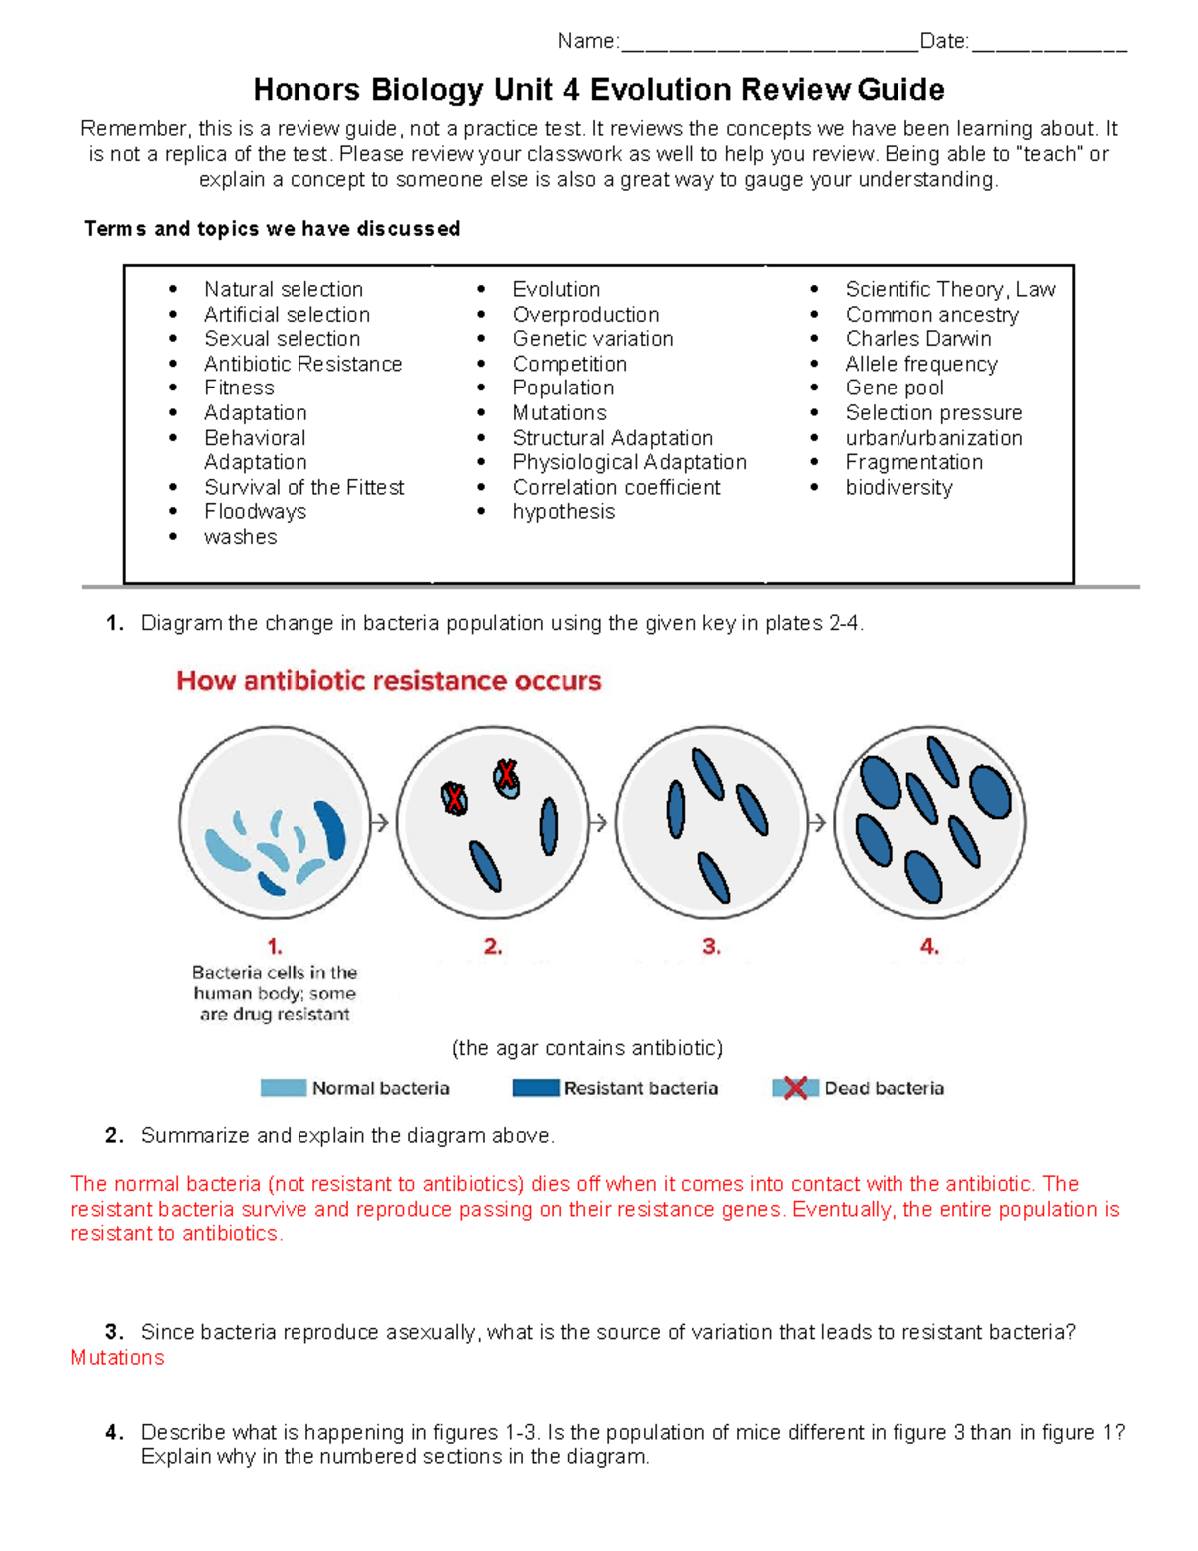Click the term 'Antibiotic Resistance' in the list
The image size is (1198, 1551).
tap(302, 364)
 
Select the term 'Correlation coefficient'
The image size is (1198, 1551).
tap(616, 487)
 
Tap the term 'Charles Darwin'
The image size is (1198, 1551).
tap(917, 339)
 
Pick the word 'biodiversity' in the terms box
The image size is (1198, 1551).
tap(898, 487)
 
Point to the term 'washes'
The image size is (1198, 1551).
tap(240, 537)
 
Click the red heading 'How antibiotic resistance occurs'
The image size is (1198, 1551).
tap(388, 681)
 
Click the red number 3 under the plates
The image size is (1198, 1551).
tap(711, 946)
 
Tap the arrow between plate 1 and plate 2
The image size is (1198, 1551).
tap(380, 823)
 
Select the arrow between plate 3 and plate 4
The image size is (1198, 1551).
tap(817, 823)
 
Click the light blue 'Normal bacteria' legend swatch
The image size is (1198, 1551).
tap(283, 1088)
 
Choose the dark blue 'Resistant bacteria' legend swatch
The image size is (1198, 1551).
tap(535, 1088)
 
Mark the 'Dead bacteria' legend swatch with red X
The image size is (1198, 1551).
tap(795, 1088)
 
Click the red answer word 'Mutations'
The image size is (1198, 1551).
tap(117, 1358)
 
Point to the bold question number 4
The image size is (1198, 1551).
tap(114, 1432)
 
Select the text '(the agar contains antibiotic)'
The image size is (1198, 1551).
tap(587, 1048)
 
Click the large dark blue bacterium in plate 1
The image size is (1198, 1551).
tap(330, 829)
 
